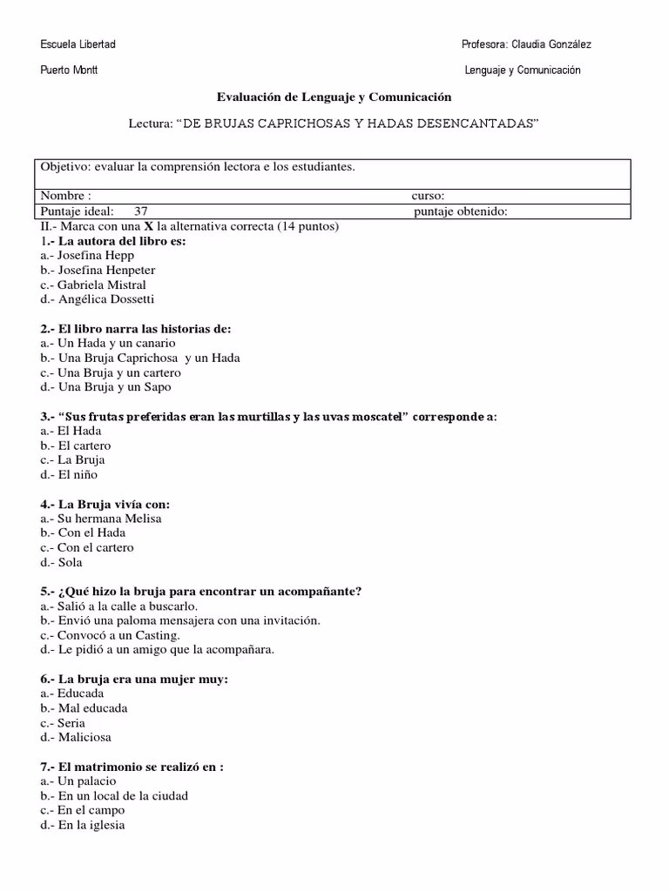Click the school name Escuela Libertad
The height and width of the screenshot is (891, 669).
click(x=78, y=44)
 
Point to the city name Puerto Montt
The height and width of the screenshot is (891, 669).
click(x=69, y=70)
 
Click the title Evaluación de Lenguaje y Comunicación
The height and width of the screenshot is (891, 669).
click(x=334, y=97)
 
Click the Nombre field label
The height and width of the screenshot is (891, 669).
click(x=65, y=196)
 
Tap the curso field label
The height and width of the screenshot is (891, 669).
click(x=428, y=196)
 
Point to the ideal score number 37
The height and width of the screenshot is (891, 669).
click(x=142, y=211)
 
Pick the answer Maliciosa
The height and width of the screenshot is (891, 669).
click(x=84, y=738)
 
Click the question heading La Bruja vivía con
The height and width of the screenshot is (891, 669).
click(x=113, y=504)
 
